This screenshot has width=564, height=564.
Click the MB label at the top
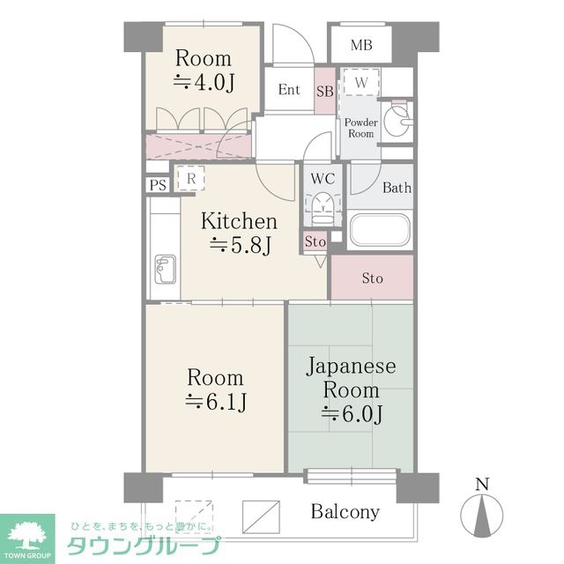tap(360, 45)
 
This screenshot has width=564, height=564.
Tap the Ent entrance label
tap(288, 90)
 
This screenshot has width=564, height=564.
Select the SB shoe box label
tap(324, 91)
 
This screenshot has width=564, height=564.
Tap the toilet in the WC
tap(322, 209)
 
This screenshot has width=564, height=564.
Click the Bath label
tap(397, 188)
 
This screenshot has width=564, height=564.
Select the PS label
tap(158, 185)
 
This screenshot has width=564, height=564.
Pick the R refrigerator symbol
tap(190, 177)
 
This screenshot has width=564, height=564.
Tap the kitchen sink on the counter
tap(165, 265)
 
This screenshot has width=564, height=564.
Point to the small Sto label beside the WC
tap(315, 241)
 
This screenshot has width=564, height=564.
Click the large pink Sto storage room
tap(372, 279)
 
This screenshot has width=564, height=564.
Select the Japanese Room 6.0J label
tap(351, 390)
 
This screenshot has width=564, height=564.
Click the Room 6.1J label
tap(215, 390)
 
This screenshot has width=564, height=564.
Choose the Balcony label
tap(345, 511)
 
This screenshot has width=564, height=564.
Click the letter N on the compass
tap(481, 484)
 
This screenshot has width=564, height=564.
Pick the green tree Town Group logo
tap(27, 534)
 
